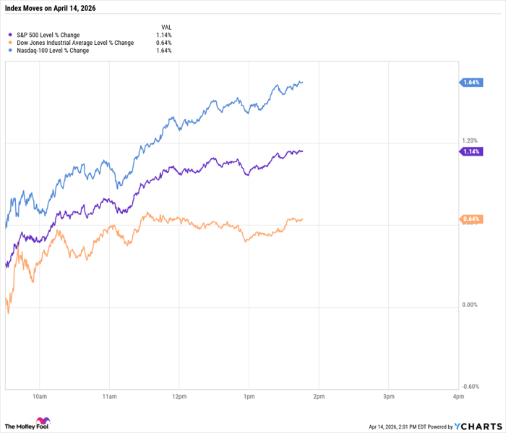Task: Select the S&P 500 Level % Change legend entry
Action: coord(53,34)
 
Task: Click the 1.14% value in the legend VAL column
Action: coord(164,34)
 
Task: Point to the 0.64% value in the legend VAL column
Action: coord(164,43)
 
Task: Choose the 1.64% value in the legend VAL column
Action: coord(164,51)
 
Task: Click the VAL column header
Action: coord(166,25)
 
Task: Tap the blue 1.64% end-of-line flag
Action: coord(471,83)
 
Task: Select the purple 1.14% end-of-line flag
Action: coord(471,151)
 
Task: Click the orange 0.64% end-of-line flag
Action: coord(471,219)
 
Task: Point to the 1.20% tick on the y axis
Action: coord(470,140)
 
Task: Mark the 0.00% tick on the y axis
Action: coord(470,305)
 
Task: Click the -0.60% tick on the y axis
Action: coord(470,386)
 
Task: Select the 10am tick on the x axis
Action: coord(40,397)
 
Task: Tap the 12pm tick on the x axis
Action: coord(179,397)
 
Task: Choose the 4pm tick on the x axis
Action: coord(457,397)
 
